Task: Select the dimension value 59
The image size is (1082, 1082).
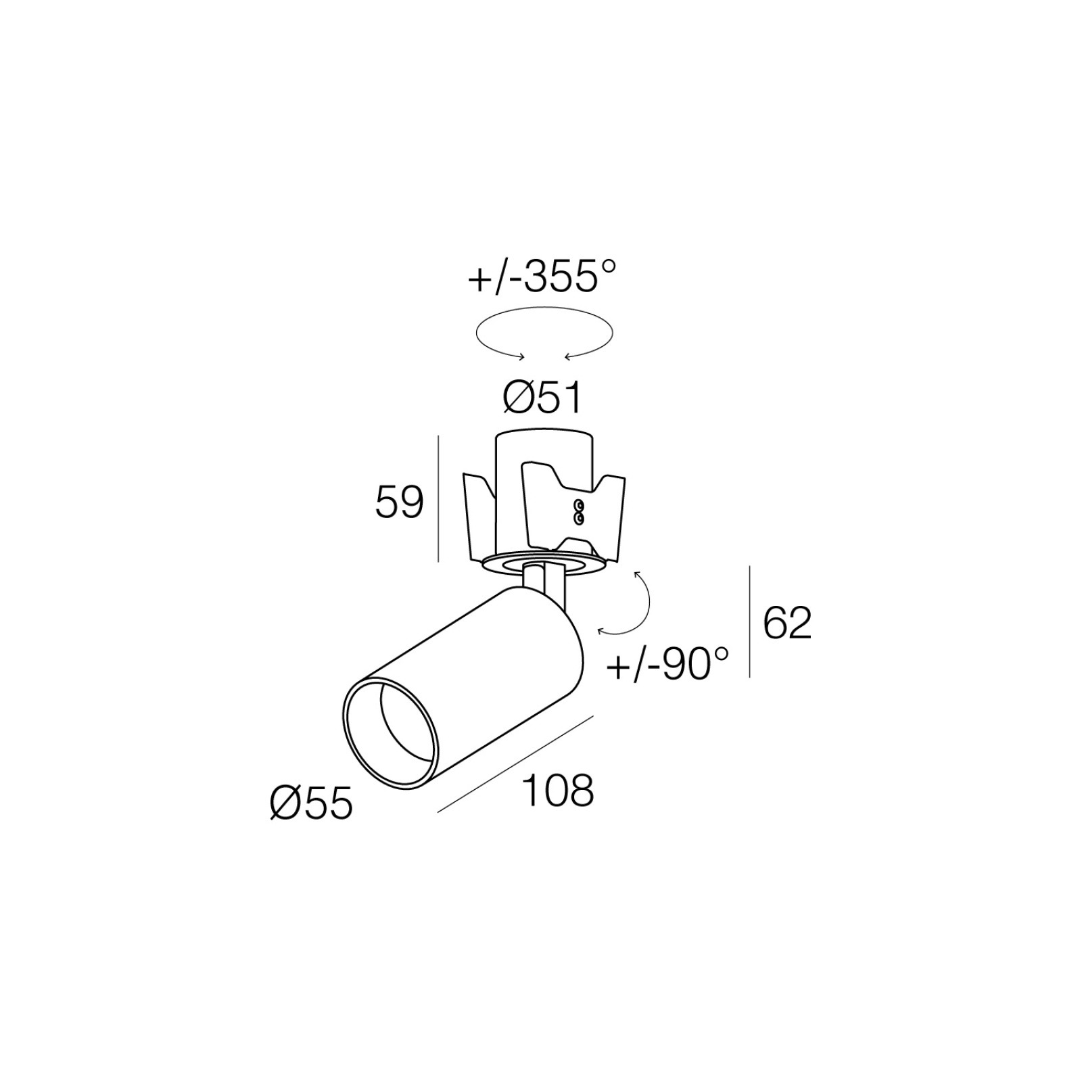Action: [x=400, y=502]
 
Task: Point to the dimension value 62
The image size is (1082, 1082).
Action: [x=787, y=624]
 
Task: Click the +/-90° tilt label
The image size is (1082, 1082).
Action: [x=668, y=664]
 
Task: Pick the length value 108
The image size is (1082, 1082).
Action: [x=559, y=791]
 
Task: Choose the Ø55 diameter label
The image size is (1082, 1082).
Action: [x=311, y=804]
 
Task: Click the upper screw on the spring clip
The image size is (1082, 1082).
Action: [x=578, y=505]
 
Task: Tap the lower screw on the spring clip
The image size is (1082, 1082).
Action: [x=578, y=518]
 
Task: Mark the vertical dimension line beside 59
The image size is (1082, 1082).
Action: [x=439, y=498]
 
